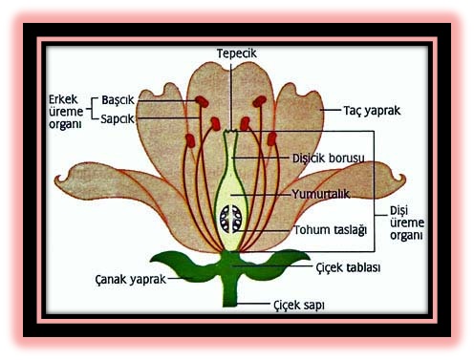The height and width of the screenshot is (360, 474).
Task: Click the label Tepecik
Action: click(x=236, y=53)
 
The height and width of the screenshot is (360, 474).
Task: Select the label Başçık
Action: click(x=118, y=99)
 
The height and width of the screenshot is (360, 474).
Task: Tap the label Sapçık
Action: click(x=118, y=118)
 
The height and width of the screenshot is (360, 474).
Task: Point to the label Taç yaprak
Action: click(x=372, y=110)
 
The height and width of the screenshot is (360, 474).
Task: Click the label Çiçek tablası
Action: click(x=348, y=267)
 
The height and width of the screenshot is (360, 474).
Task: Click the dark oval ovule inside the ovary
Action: click(x=230, y=220)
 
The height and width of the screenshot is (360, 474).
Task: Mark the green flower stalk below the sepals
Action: click(x=230, y=290)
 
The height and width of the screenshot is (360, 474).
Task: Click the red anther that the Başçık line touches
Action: click(x=202, y=100)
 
